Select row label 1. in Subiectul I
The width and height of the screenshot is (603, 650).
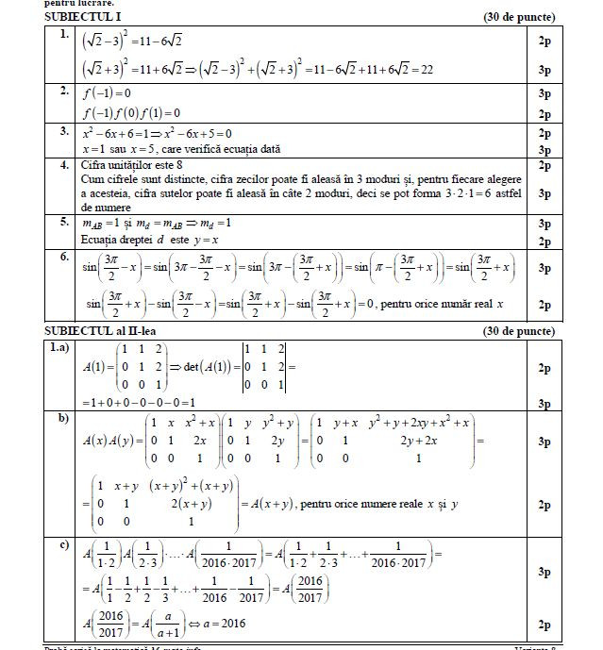tap(63, 35)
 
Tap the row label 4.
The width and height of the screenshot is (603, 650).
tap(63, 165)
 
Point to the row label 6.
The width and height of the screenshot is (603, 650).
tap(63, 257)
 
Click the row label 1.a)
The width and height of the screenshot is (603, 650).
tap(61, 348)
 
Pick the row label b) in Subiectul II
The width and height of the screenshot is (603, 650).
tap(63, 418)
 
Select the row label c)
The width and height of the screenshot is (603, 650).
tap(63, 544)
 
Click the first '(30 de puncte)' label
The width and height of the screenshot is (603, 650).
tap(518, 17)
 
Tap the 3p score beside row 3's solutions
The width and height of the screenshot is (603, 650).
tap(544, 149)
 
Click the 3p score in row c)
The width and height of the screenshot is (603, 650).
tap(544, 573)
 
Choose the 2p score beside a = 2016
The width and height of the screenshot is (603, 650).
tap(544, 625)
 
